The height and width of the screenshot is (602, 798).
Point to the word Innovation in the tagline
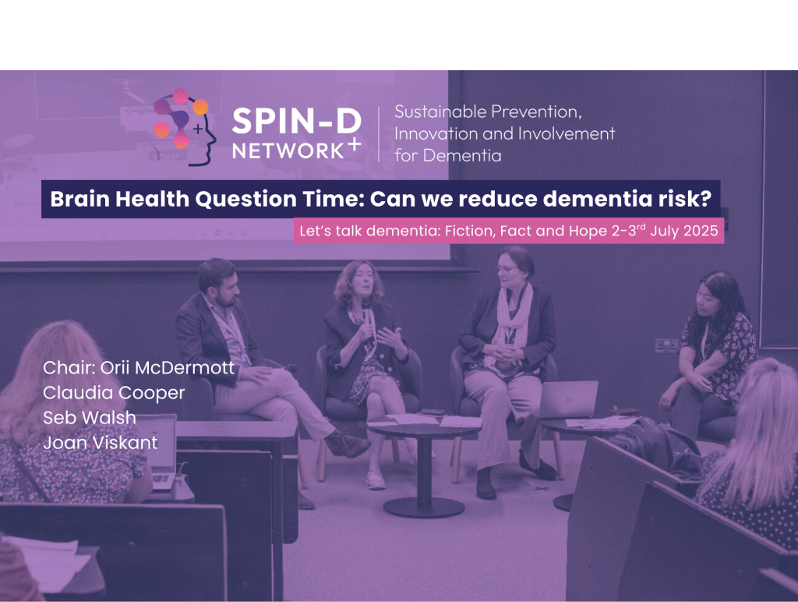pyautogui.click(x=431, y=133)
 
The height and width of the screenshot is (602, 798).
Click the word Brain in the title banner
pyautogui.click(x=76, y=200)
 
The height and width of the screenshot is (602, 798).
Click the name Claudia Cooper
pyautogui.click(x=114, y=392)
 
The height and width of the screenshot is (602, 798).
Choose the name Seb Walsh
pyautogui.click(x=90, y=418)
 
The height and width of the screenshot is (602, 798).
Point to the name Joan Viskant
pyautogui.click(x=101, y=443)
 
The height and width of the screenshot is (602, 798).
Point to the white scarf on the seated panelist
pyautogui.click(x=507, y=320)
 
